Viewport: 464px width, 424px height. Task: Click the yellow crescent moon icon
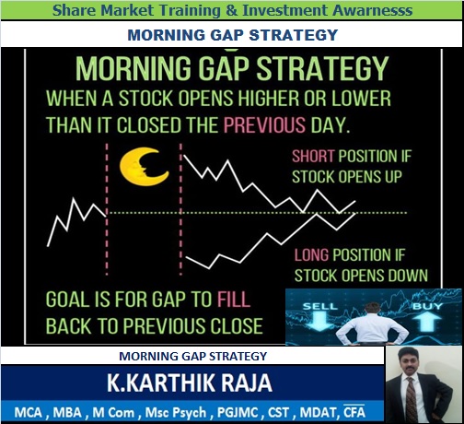point(142,167)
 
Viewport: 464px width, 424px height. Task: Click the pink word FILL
point(236,300)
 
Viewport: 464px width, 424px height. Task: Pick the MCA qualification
point(29,409)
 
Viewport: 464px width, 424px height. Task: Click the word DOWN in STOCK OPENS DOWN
point(405,275)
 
